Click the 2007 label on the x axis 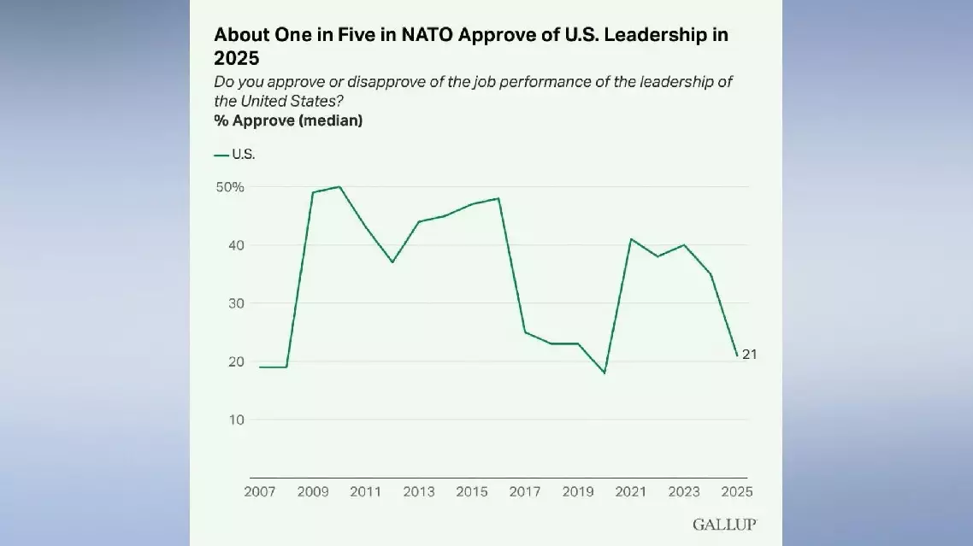(259, 492)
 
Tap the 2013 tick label (419, 492)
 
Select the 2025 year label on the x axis (737, 492)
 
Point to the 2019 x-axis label (578, 492)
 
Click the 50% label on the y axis (230, 187)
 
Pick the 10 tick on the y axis (236, 420)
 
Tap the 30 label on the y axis (236, 303)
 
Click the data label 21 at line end (749, 355)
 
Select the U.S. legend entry (235, 155)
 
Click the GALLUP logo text (723, 525)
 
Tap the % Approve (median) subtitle (288, 121)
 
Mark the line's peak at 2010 (339, 186)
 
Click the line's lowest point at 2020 (604, 373)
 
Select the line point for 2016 (498, 198)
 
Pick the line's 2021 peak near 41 (631, 239)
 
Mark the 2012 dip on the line (392, 262)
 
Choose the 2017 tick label (525, 492)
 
